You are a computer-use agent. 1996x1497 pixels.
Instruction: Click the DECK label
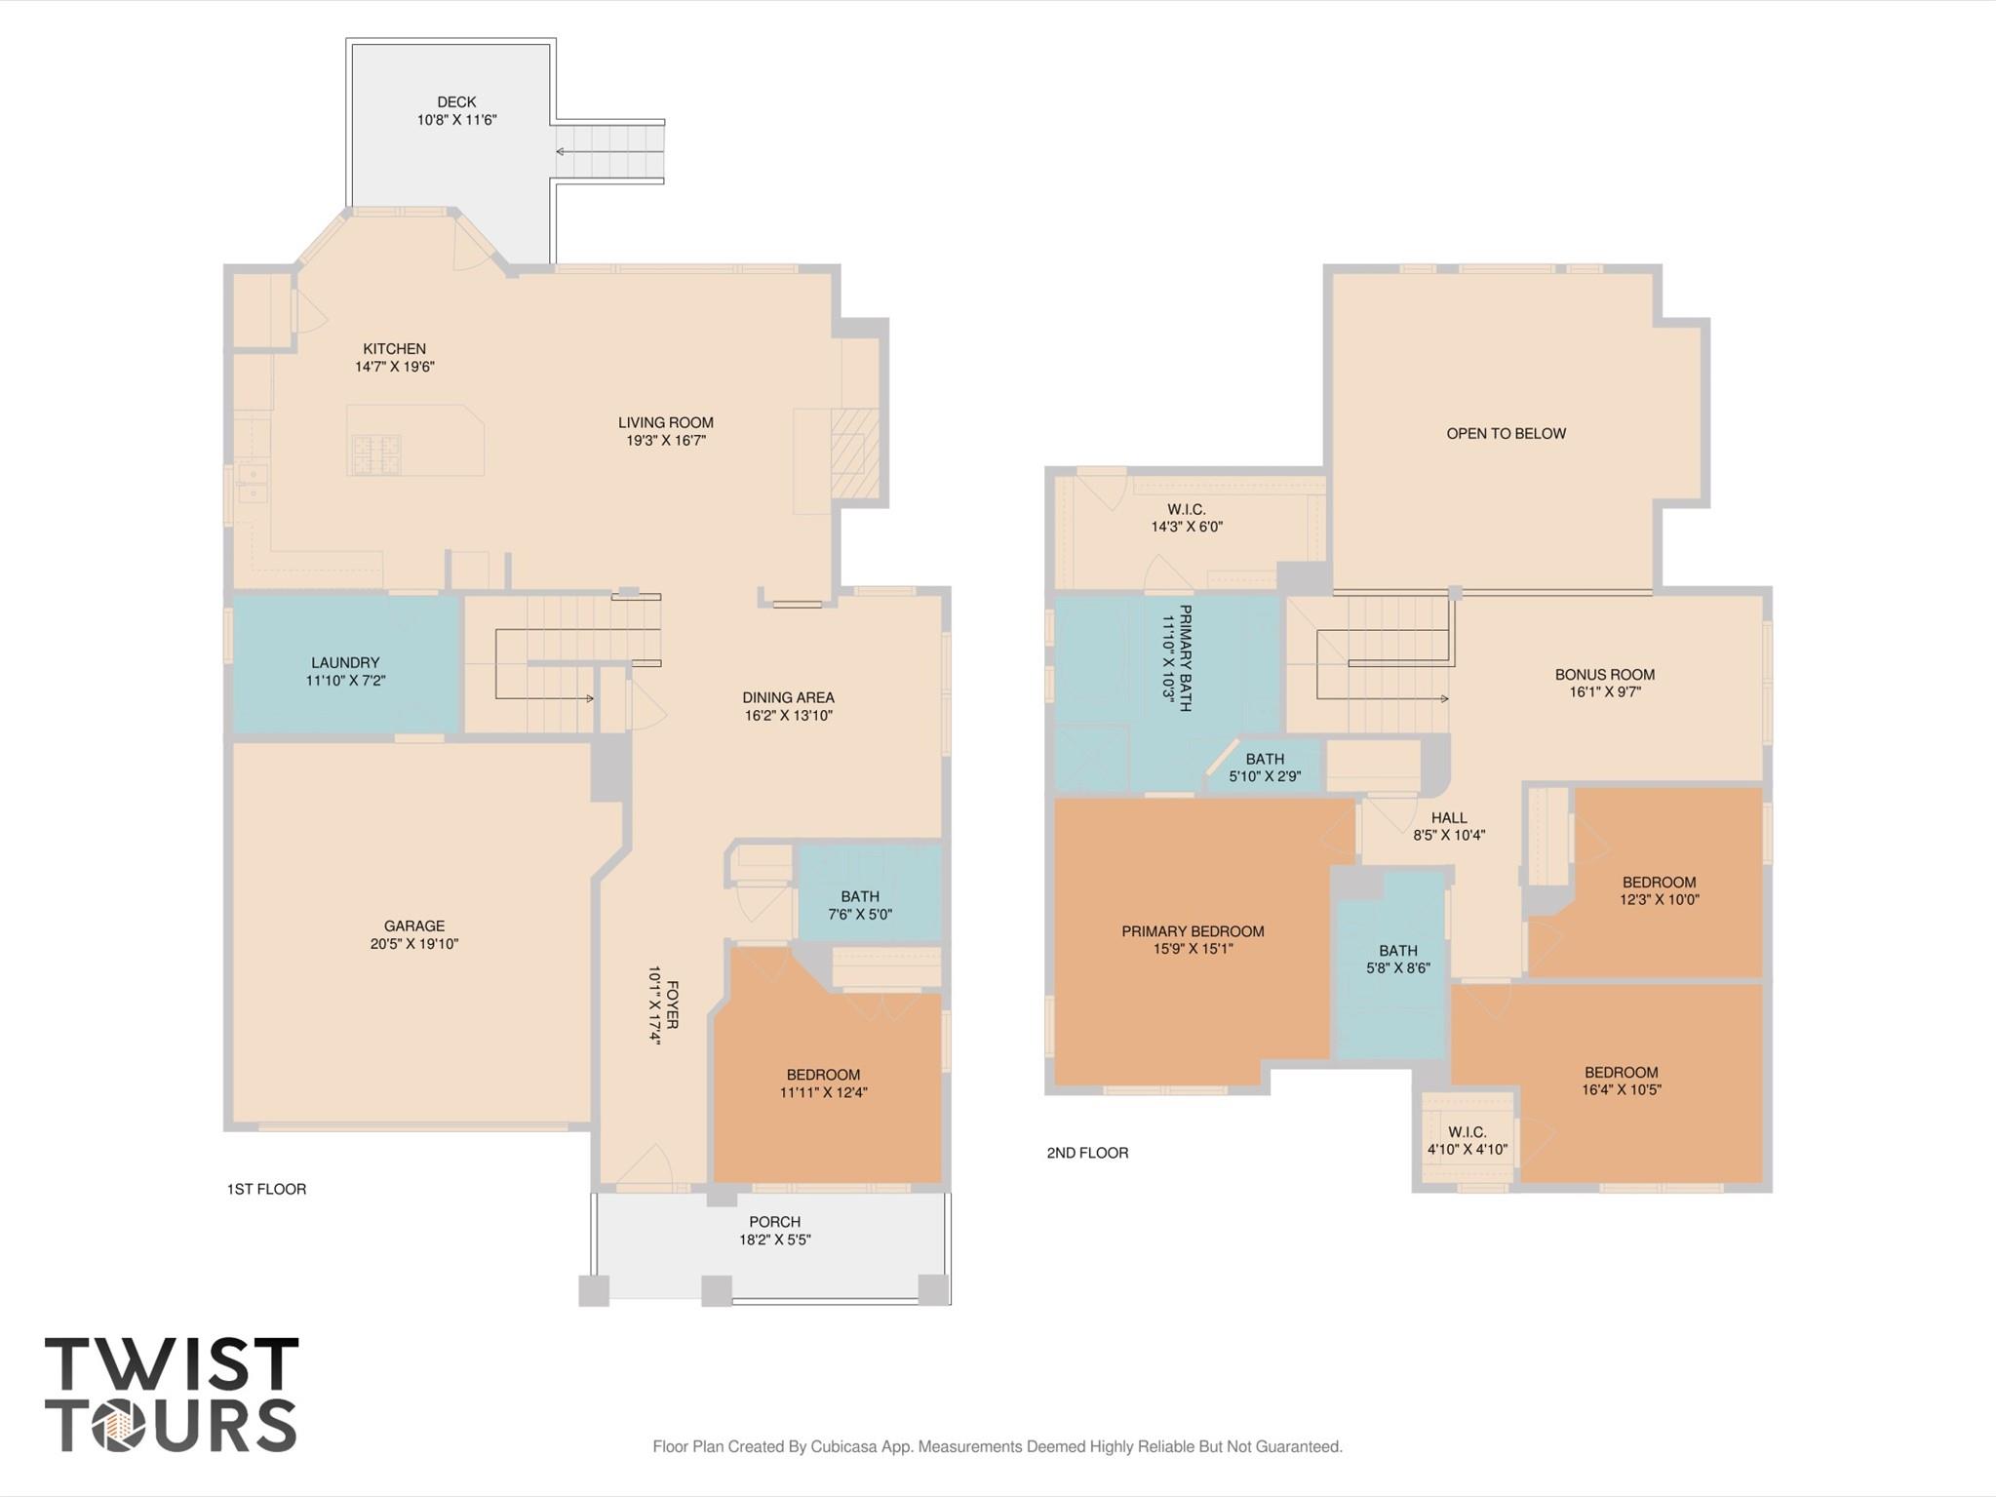click(x=456, y=101)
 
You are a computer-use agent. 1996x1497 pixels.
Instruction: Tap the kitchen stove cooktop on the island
click(x=376, y=453)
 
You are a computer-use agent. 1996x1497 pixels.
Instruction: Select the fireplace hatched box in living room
click(x=854, y=453)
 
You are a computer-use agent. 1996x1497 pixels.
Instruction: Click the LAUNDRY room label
click(x=345, y=662)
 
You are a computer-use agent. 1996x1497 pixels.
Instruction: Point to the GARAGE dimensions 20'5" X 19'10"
click(x=414, y=944)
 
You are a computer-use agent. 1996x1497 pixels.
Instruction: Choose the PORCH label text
click(x=775, y=1221)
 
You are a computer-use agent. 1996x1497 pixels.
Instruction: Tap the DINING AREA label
click(x=788, y=697)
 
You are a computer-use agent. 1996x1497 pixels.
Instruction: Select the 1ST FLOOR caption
click(x=266, y=1189)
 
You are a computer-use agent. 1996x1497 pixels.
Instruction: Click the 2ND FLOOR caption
click(x=1087, y=1153)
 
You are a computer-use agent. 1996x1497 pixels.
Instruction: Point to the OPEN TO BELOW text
click(x=1506, y=433)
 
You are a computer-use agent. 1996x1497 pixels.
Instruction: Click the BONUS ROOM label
click(x=1604, y=674)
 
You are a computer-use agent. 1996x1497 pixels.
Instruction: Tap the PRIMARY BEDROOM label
click(x=1193, y=931)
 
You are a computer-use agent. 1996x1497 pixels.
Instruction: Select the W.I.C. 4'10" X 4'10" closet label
click(x=1467, y=1141)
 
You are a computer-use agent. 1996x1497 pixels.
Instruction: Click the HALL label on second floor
click(x=1449, y=818)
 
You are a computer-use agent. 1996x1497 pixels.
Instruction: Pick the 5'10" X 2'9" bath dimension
click(x=1264, y=777)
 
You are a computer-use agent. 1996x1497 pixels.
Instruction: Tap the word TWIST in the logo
click(x=172, y=1363)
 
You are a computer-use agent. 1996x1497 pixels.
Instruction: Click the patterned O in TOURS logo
click(x=118, y=1426)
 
